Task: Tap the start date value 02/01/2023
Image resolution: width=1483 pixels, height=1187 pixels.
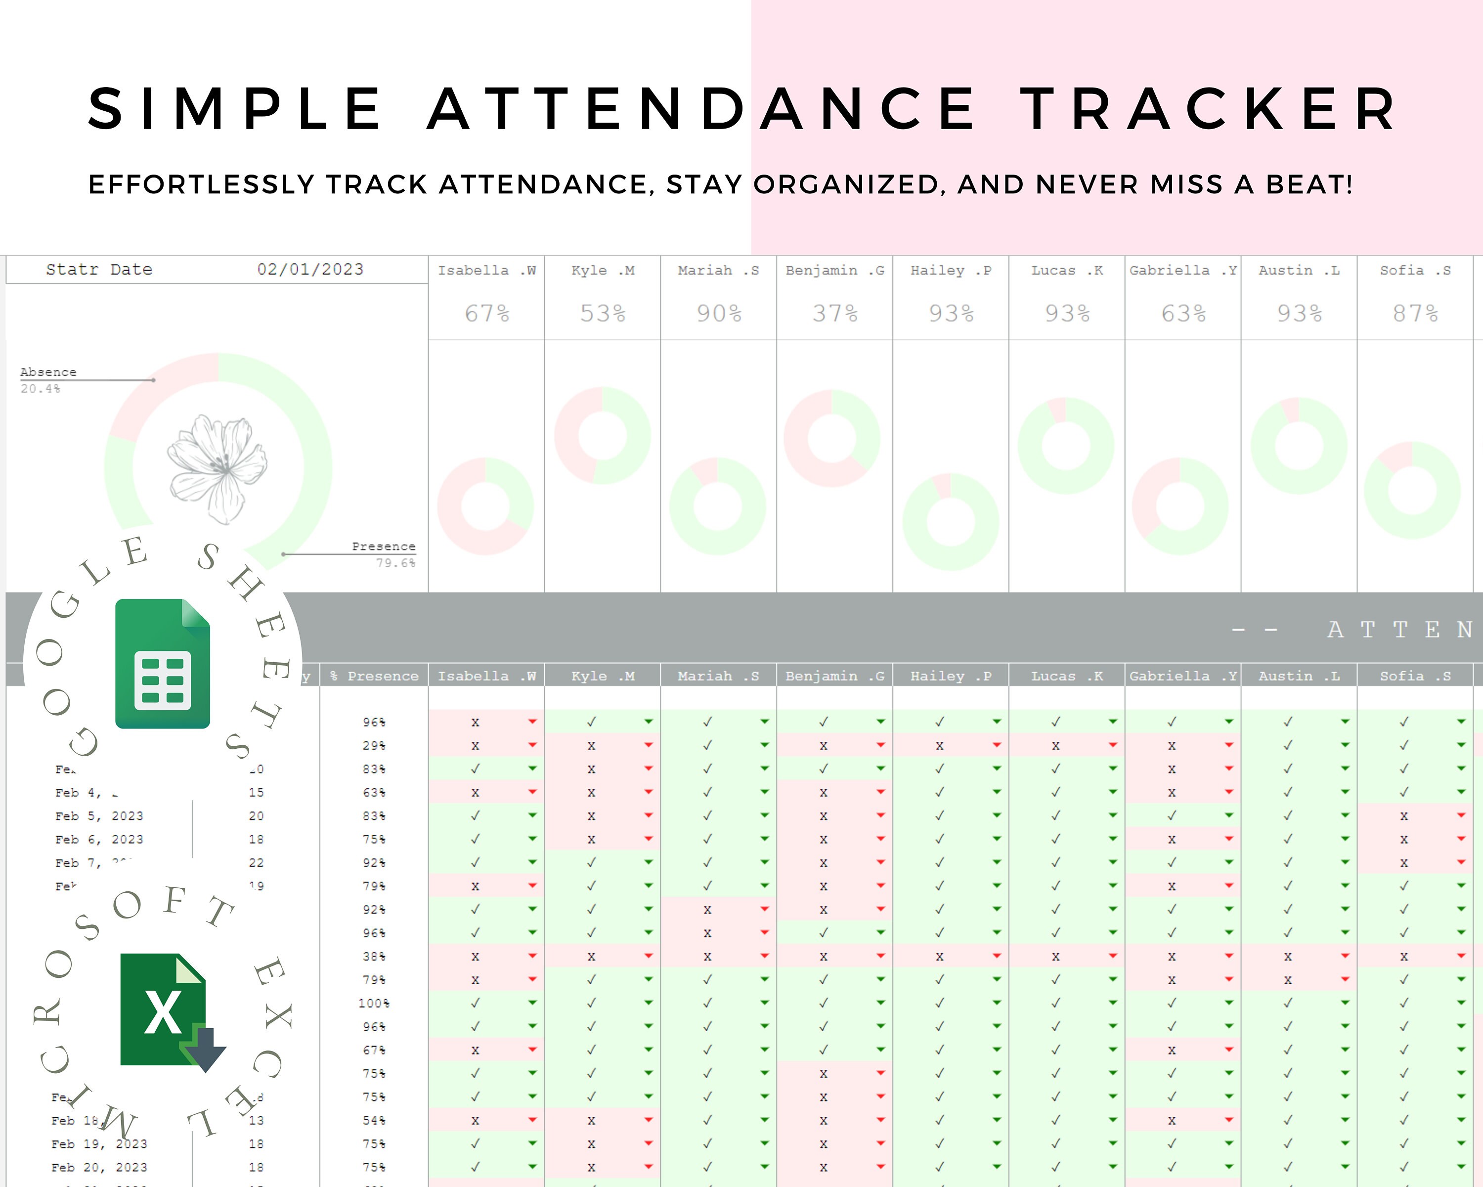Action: coord(310,269)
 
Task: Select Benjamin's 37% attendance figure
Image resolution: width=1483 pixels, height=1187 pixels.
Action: coord(834,313)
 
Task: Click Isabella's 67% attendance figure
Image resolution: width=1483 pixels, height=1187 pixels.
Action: coord(486,313)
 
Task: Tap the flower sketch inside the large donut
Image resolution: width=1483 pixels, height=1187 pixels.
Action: coord(218,468)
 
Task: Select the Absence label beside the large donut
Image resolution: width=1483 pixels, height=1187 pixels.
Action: coord(48,371)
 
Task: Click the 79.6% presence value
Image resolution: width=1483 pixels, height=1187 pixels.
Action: coord(395,563)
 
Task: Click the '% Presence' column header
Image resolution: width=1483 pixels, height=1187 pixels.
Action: coord(374,676)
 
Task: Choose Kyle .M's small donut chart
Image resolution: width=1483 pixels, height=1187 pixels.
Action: coord(603,436)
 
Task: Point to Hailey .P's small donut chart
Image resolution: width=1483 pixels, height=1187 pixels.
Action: coord(951,522)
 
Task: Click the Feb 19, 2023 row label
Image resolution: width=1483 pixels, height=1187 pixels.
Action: coord(99,1143)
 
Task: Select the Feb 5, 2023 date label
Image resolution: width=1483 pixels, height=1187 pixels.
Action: coord(99,816)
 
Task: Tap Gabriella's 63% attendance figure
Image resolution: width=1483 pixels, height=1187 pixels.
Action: coord(1183,313)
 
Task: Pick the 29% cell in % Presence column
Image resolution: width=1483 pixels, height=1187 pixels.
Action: coord(374,745)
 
